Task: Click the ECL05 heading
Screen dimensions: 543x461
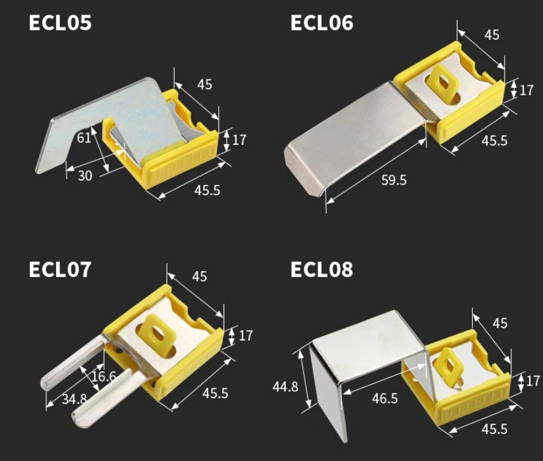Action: click(60, 23)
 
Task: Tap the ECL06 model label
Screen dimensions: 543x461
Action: click(321, 23)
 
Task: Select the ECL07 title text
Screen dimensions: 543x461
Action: click(60, 269)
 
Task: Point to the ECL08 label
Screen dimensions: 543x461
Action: click(321, 269)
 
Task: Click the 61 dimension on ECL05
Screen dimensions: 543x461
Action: click(84, 138)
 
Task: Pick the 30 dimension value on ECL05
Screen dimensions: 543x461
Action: click(85, 176)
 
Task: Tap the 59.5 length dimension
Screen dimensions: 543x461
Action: click(394, 180)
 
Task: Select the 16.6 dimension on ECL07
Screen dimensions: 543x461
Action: click(104, 376)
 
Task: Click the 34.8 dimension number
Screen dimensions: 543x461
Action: click(74, 399)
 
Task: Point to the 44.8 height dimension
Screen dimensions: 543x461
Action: click(285, 386)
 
